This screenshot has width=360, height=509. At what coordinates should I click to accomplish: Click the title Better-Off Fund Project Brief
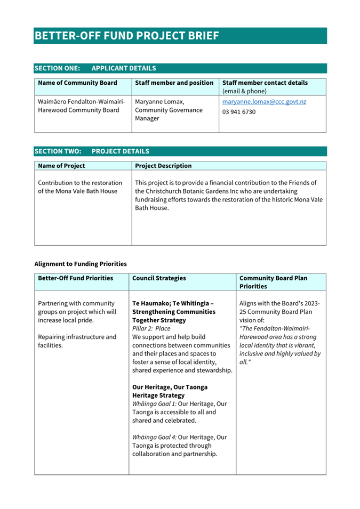click(x=127, y=36)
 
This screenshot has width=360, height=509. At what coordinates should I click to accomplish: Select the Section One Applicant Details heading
click(x=95, y=68)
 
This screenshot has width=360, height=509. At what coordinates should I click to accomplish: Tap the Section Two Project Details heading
click(x=92, y=151)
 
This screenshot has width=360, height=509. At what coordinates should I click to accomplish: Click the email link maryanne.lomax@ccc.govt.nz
click(x=264, y=101)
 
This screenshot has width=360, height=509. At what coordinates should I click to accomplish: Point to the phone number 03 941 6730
click(x=239, y=112)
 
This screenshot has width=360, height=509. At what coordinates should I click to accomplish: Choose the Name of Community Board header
click(x=78, y=83)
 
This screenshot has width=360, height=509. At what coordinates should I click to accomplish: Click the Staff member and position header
click(x=174, y=83)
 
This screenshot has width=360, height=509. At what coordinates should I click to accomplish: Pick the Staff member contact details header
click(x=265, y=83)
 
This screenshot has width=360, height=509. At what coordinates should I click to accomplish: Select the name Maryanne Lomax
click(x=159, y=101)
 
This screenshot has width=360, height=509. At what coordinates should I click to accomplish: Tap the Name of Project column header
click(x=62, y=166)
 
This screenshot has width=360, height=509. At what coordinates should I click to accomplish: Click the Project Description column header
click(x=163, y=166)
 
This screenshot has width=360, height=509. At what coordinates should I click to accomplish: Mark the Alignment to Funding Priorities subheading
click(x=81, y=263)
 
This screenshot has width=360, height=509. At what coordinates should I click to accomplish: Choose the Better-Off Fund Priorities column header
click(x=76, y=278)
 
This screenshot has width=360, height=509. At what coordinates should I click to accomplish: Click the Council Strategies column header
click(x=159, y=278)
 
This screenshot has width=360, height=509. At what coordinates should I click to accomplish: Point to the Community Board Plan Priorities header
click(x=273, y=282)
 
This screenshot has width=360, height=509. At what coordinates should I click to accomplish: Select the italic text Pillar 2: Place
click(x=151, y=329)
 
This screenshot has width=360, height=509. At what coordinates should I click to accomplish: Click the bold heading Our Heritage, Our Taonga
click(x=170, y=387)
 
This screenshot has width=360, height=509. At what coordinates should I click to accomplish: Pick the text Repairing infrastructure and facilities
click(x=77, y=341)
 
